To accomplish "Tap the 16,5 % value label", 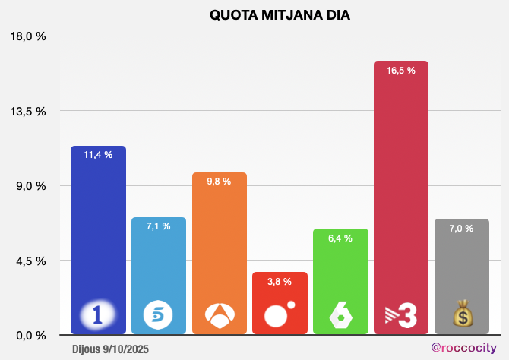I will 401,70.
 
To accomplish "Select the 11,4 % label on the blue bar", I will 98,155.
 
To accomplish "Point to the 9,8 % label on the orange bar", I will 220,182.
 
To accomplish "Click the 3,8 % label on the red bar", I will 280,282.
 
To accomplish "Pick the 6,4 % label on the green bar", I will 340,238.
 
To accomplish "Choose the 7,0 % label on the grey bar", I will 461,228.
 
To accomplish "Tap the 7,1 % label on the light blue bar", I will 159,226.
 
